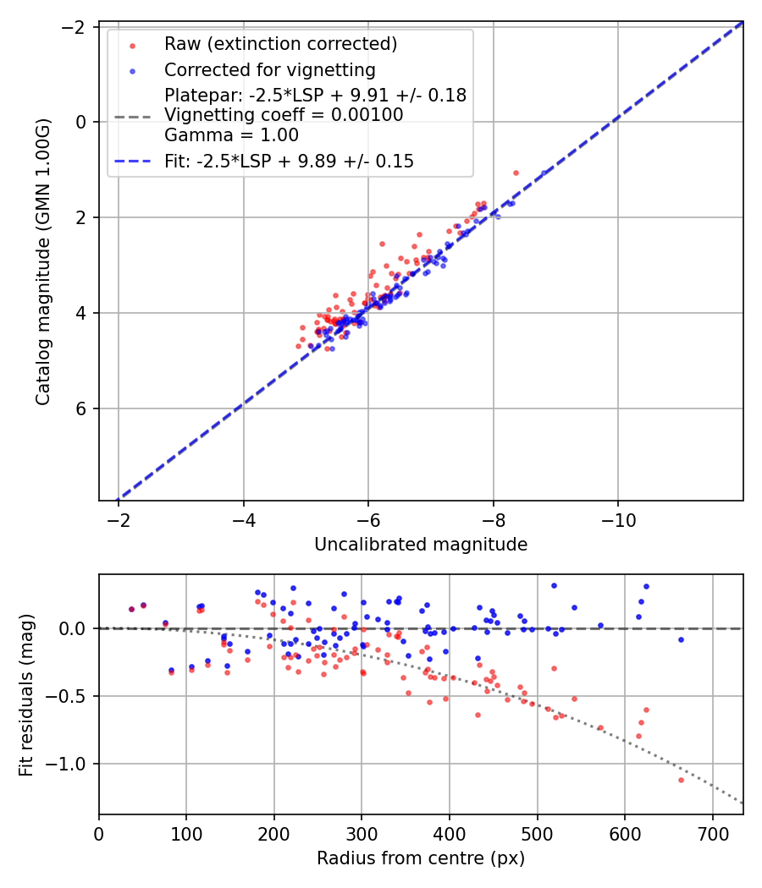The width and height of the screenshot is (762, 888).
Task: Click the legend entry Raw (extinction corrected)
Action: coord(280,44)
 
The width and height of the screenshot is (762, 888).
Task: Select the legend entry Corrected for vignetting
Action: coord(269,69)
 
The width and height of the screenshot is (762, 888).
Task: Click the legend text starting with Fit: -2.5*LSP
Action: coord(289,161)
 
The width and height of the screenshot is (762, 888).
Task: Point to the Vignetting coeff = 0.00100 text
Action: coord(284,115)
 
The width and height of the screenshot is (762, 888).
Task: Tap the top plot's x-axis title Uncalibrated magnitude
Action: coord(421,545)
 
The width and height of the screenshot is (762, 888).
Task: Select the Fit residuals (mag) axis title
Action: coord(26,694)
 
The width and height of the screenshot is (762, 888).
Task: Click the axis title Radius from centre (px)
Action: coord(421,858)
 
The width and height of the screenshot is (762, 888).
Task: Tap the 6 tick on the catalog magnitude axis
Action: coord(82,409)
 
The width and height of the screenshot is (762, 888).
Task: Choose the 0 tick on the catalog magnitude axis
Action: coord(82,122)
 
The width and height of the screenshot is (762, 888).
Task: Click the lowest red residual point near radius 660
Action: coord(681,780)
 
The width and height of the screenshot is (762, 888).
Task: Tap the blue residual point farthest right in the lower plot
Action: coord(681,639)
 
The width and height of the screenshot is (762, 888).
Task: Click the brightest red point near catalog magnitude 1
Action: coord(516,173)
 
